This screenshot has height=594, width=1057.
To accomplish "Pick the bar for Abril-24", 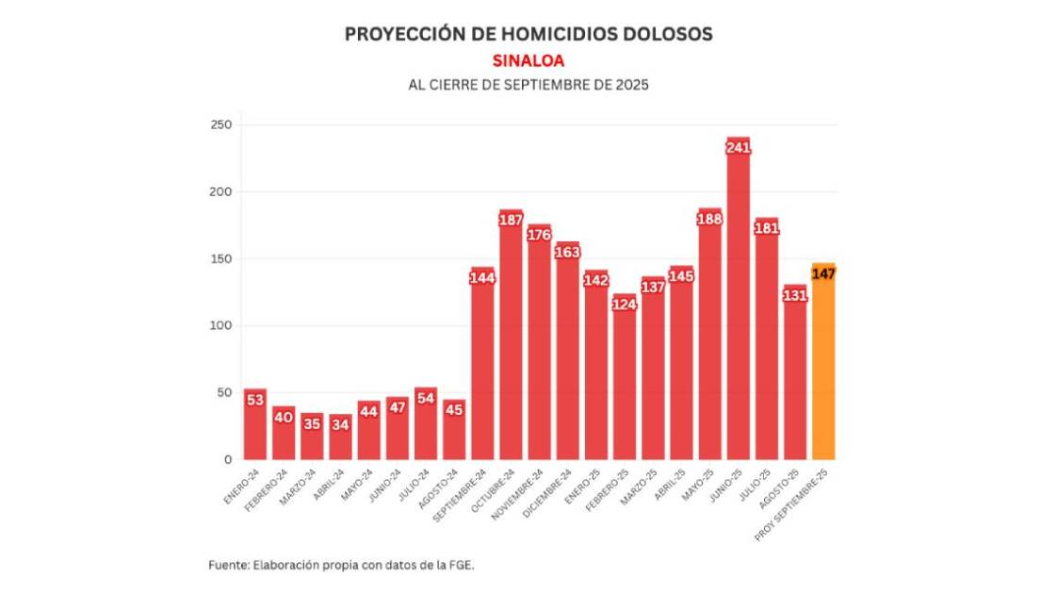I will pos(340,438).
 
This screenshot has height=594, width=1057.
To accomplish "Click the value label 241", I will pos(738,147).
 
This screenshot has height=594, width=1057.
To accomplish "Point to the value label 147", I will pos(823,273).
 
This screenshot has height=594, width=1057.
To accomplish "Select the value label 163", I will pos(567,252).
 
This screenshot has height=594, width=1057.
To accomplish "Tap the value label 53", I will pos(254,400).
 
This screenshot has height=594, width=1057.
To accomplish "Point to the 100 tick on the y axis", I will pos(221,325).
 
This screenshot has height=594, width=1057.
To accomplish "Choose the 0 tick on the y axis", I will pos(228,459).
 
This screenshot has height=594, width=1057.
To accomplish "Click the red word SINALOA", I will pos(528,60).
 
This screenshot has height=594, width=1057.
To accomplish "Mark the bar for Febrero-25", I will pos(624,382).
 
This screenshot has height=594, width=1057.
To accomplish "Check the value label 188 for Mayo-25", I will pos(709,219).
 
